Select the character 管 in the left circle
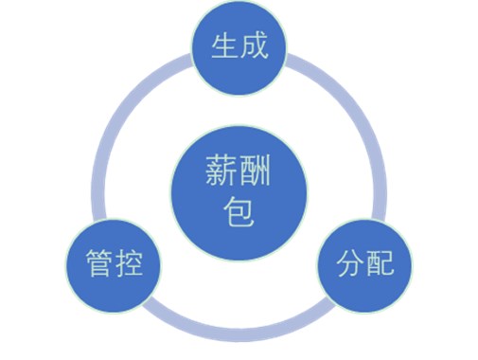(97, 263)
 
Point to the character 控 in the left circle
(128, 263)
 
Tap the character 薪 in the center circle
(223, 171)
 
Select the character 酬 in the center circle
(256, 171)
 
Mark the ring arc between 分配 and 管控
(239, 332)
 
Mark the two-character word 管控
(113, 263)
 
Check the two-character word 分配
(365, 263)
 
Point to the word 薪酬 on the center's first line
(239, 171)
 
